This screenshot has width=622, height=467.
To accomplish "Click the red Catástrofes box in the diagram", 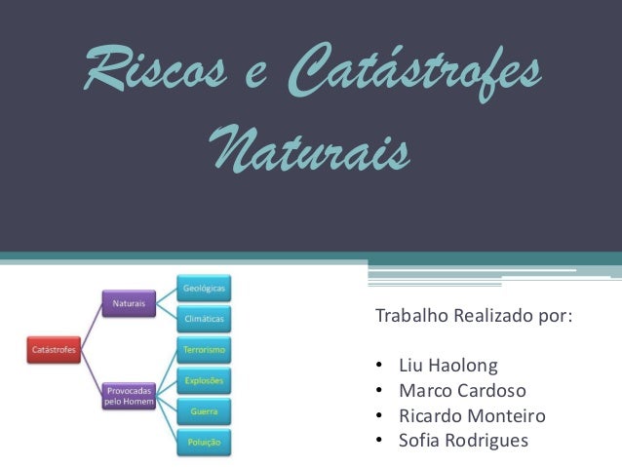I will [x=54, y=345].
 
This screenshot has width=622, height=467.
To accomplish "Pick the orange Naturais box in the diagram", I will [x=130, y=303].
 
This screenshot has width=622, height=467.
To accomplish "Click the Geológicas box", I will [x=204, y=289].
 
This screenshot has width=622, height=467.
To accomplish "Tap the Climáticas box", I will [x=204, y=317].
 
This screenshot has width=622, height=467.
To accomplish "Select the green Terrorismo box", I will [x=204, y=348].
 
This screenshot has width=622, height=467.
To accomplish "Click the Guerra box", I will [x=204, y=411].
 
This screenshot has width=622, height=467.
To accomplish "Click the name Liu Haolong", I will [x=447, y=368].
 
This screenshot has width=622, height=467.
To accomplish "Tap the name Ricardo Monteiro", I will [x=472, y=416].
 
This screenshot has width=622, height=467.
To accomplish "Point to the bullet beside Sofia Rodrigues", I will [x=378, y=442].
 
